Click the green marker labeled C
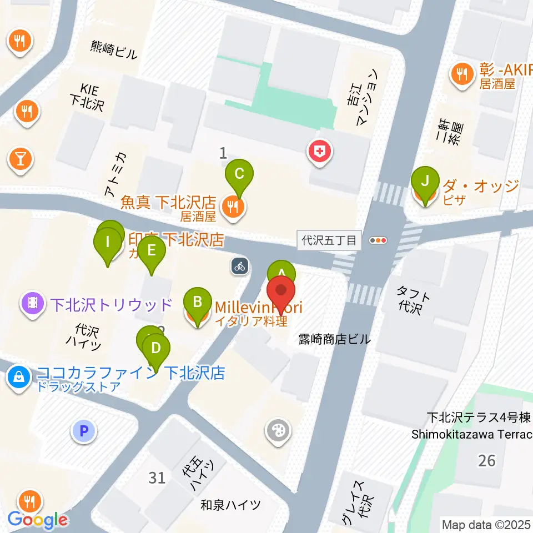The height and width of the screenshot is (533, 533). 239,174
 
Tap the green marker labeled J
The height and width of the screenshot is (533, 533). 425,182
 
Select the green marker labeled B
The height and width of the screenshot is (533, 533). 197,303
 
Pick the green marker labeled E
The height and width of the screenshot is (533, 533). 152,251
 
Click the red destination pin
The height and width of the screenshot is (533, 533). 281,292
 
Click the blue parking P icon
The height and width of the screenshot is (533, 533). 84,430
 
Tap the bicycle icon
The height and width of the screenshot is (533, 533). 239,266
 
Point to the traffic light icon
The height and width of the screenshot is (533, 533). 378,240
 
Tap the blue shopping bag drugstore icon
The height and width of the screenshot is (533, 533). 19,378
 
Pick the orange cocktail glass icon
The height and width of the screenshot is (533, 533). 20,160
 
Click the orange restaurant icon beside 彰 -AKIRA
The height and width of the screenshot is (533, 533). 461,72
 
